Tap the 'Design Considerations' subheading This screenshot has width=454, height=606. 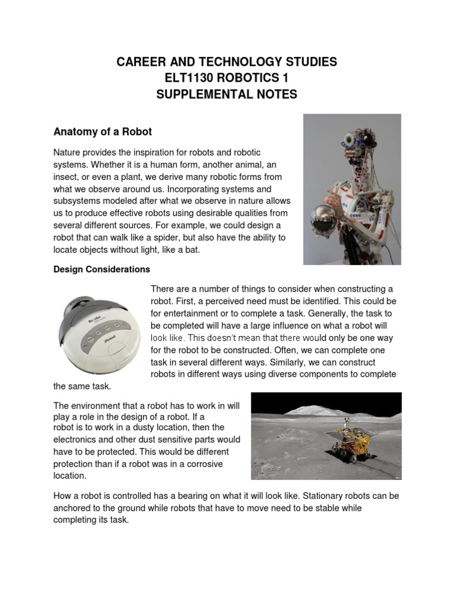102,269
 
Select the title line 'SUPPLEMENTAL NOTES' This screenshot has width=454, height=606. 227,94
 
